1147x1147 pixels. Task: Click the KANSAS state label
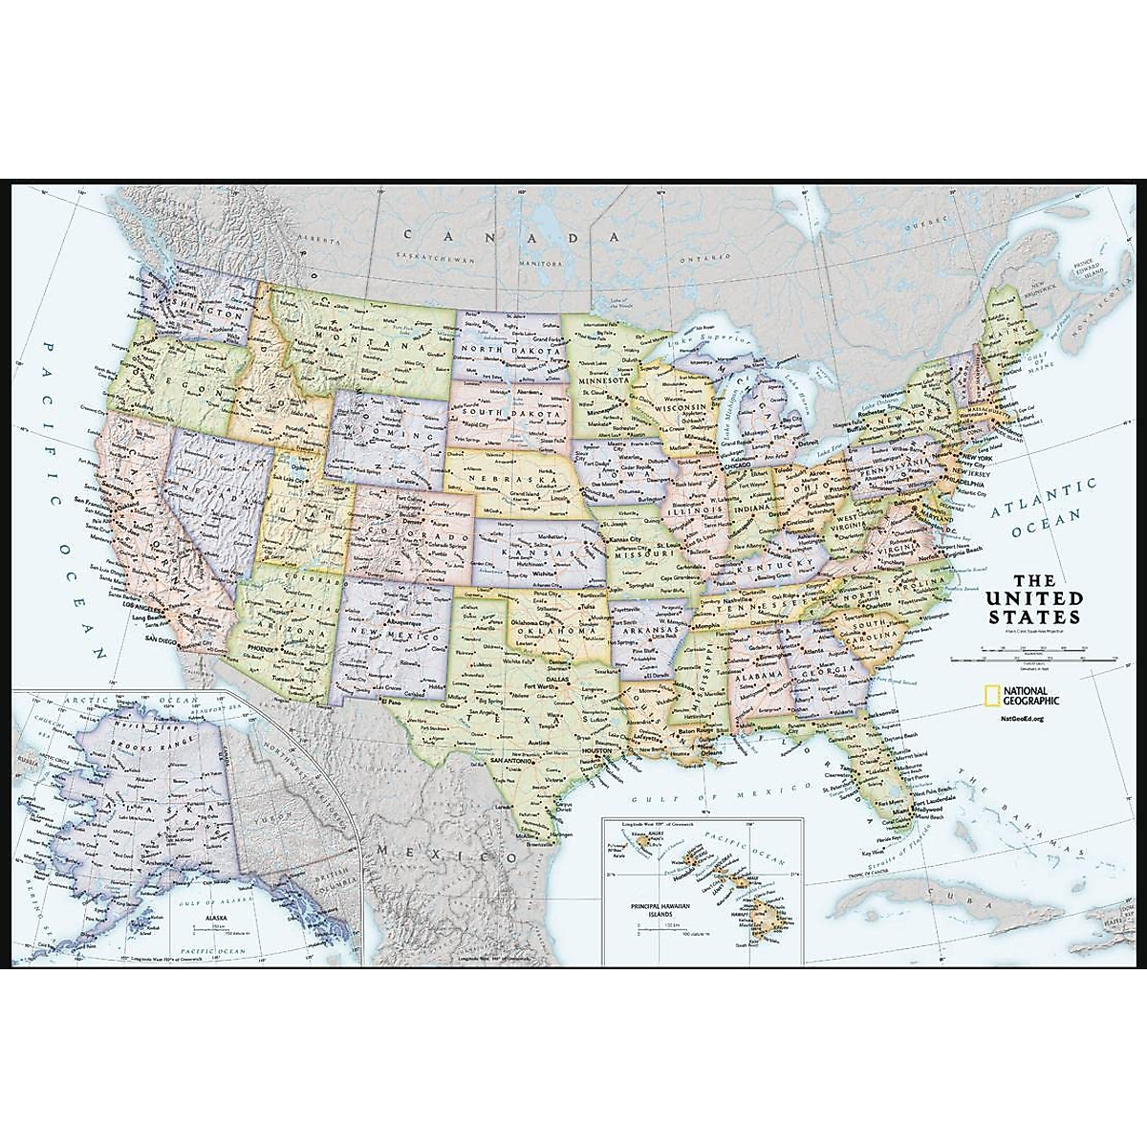pyautogui.click(x=538, y=552)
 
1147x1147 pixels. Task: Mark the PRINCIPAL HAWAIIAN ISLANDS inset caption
pyautogui.click(x=643, y=901)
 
